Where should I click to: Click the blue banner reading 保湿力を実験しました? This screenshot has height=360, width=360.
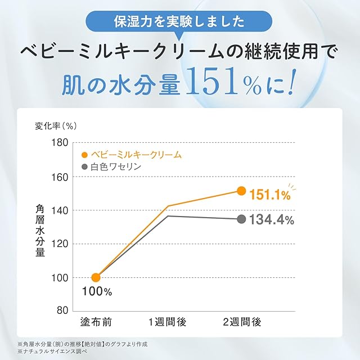(x=179, y=23)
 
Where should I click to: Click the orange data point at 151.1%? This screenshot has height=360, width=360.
(x=241, y=191)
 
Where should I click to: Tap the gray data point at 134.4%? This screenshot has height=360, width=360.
(x=241, y=219)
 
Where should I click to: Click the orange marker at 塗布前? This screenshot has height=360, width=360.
(x=96, y=277)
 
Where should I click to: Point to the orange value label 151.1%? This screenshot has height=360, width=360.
(x=270, y=196)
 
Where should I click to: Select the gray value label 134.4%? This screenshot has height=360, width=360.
(x=272, y=220)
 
